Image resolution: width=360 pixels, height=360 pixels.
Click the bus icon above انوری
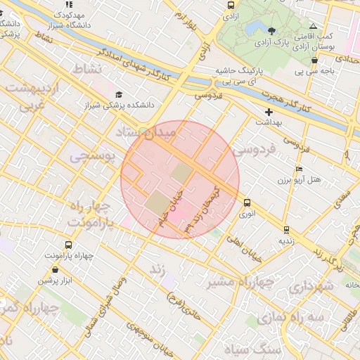[x=246, y=202]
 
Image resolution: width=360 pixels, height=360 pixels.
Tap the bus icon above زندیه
[x=286, y=229]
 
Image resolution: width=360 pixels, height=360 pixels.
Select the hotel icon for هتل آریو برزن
[x=300, y=169]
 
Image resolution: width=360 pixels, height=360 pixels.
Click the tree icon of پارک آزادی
[x=272, y=30]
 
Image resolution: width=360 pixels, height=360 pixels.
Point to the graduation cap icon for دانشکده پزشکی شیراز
[x=118, y=94]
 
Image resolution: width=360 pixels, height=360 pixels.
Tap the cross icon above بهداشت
[x=268, y=112]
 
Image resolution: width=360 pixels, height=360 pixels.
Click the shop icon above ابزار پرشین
[x=55, y=269]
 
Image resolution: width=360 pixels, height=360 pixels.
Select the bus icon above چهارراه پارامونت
[x=68, y=245]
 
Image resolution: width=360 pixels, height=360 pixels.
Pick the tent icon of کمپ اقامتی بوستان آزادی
[x=313, y=25]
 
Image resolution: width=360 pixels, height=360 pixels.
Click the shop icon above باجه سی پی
[x=314, y=60]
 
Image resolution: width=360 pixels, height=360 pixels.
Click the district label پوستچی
[x=92, y=157]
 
